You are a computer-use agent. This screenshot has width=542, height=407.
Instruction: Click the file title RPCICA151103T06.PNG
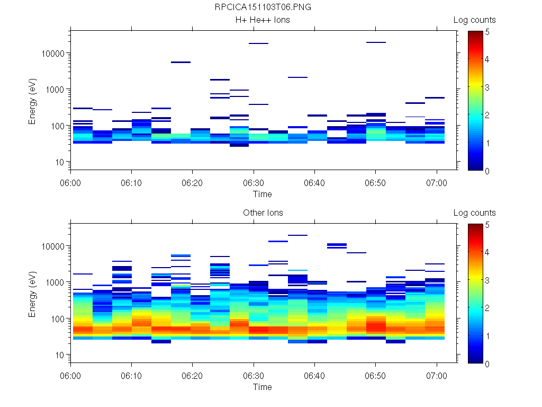[x=263, y=7]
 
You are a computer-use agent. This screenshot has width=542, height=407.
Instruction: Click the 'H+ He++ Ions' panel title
[x=263, y=20]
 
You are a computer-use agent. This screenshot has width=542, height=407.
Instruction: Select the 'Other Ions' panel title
[x=263, y=213]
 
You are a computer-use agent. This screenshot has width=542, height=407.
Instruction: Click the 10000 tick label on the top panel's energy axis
[x=53, y=54]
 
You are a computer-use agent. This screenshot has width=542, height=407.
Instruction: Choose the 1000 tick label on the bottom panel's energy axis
[x=55, y=282]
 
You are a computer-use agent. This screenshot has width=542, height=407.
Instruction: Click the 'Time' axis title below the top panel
[x=263, y=194]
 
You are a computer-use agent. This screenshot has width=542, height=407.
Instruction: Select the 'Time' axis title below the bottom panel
[x=263, y=387]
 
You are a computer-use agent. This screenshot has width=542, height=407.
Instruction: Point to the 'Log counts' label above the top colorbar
[x=474, y=20]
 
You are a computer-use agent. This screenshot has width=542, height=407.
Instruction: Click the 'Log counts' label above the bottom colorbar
[x=474, y=213]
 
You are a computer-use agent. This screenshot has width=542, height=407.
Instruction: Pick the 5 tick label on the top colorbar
[x=487, y=32]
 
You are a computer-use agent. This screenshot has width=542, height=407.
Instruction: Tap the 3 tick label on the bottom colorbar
[x=487, y=280]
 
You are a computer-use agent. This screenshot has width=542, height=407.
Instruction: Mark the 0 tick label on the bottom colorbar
[x=487, y=364]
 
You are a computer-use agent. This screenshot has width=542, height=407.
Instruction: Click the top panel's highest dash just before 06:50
[x=376, y=42]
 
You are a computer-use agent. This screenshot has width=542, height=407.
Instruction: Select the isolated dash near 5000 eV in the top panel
[x=180, y=63]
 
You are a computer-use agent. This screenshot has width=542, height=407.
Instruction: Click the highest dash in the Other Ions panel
[x=297, y=235]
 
